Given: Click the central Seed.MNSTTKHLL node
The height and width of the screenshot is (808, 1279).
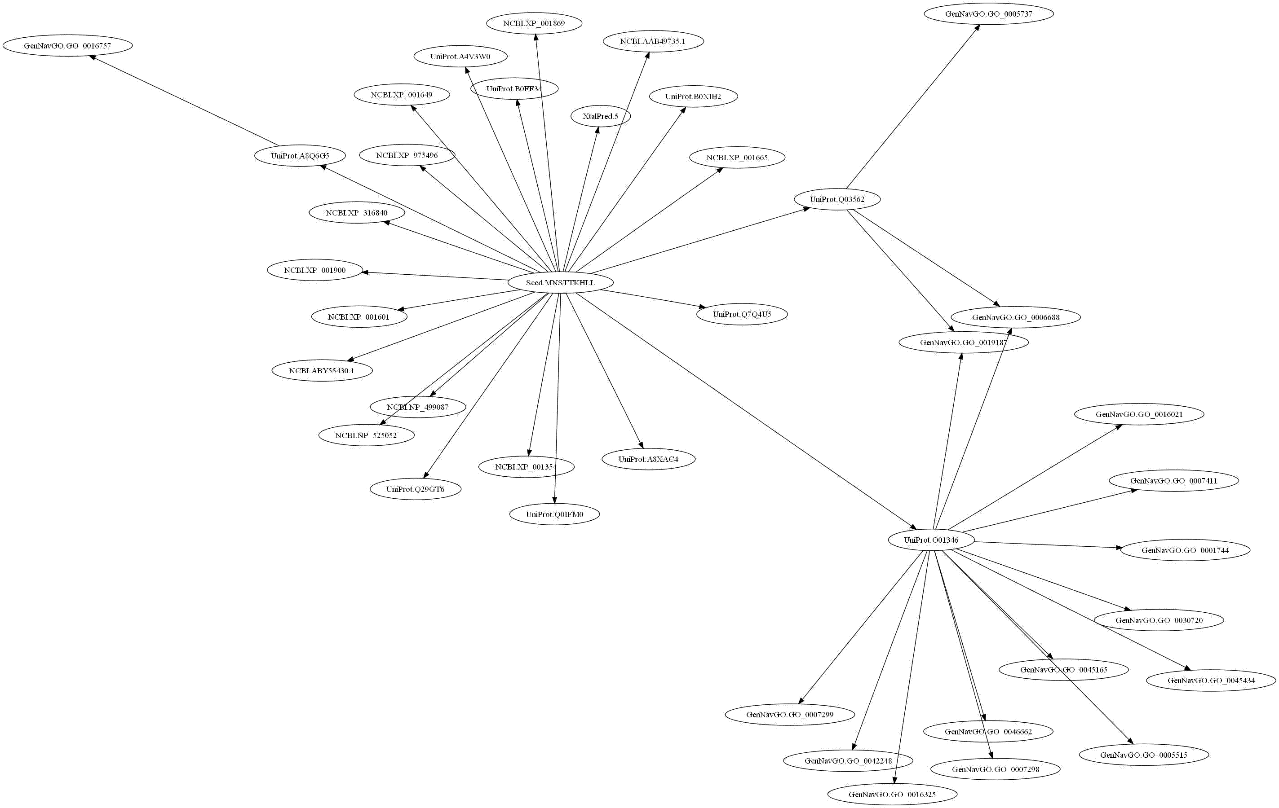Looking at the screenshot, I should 560,282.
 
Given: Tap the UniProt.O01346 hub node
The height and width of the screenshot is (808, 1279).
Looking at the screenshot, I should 931,540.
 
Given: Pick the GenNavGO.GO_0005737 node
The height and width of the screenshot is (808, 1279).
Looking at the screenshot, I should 988,14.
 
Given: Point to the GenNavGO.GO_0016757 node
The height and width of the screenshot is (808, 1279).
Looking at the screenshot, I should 67,46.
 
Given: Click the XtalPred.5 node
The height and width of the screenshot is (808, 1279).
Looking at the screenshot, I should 600,116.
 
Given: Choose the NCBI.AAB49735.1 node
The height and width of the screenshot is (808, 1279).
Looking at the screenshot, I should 653,41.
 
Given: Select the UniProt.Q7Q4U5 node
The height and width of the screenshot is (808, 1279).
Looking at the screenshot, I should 742,314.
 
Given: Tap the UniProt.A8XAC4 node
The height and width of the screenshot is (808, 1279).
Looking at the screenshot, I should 648,459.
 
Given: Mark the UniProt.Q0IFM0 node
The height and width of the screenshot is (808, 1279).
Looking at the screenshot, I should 554,514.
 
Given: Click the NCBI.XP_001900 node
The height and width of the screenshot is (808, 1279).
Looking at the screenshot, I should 314,270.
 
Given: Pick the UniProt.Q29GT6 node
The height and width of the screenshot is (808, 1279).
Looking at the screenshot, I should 416,489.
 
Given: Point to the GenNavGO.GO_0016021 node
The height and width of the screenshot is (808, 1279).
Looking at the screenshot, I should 1139,414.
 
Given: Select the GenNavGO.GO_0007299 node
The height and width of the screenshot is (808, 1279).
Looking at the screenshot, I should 790,715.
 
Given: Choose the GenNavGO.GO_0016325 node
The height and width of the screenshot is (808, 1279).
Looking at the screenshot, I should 892,795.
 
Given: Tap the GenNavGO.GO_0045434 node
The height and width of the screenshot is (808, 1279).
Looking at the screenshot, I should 1211,681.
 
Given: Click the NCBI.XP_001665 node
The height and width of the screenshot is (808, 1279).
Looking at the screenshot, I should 737,158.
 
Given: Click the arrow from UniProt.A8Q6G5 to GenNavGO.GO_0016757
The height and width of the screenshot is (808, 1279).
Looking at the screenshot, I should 186,101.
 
